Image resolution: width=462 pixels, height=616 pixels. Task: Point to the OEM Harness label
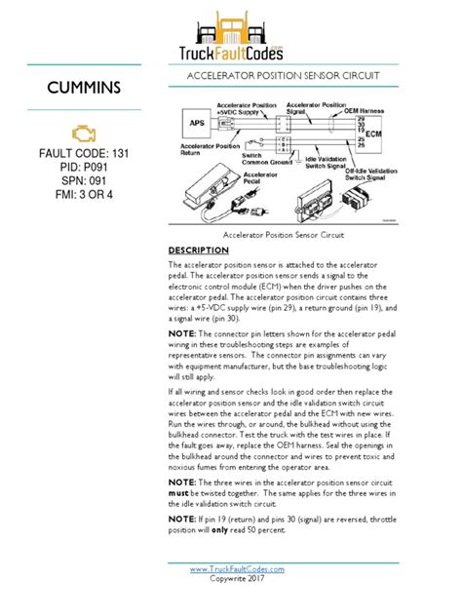373,109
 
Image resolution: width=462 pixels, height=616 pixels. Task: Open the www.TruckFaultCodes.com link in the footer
237,568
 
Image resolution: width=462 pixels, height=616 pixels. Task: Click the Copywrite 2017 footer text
237,579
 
